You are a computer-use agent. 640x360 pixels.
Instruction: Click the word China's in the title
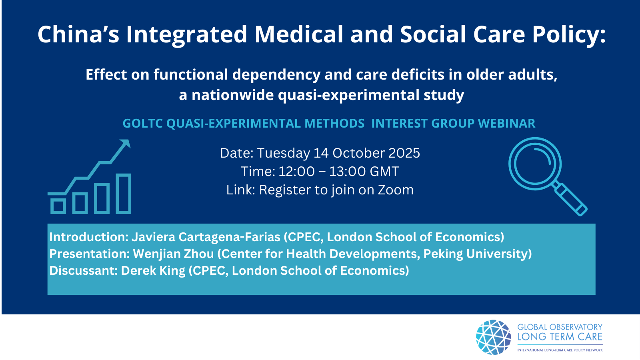78,34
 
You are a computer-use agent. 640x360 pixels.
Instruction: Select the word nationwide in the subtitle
232,95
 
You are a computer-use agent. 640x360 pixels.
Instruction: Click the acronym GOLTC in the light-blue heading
142,124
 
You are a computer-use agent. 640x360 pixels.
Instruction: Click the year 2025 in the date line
404,153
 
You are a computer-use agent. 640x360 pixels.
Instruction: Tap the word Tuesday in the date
284,154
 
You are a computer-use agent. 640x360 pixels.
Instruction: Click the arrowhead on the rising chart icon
126,143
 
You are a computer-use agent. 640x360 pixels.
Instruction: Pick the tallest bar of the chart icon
124,194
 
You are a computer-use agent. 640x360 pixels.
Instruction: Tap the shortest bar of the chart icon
58,206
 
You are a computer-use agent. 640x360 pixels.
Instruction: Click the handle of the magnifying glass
570,199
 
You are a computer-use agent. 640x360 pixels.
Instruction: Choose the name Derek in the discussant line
138,271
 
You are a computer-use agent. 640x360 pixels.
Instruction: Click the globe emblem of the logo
494,337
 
